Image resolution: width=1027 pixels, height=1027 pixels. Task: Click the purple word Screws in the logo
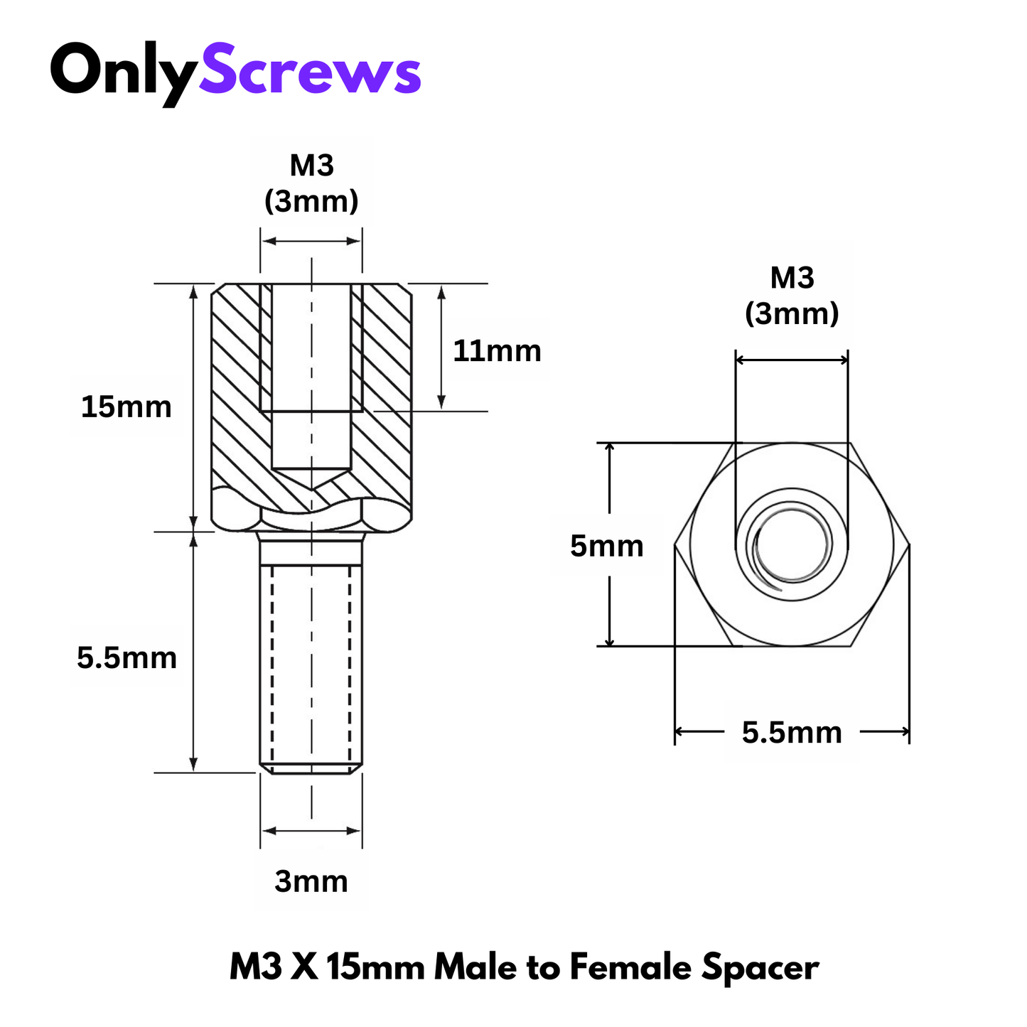tap(310, 70)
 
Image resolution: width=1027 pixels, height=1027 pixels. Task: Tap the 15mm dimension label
tap(126, 407)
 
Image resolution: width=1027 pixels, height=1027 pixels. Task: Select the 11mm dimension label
tap(497, 351)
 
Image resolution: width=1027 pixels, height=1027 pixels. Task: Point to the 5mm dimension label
tap(606, 546)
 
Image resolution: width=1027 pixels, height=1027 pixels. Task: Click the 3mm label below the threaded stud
tap(311, 881)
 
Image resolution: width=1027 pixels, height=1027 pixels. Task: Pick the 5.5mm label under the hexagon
tap(792, 732)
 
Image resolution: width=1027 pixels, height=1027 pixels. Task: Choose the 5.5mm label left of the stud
tap(127, 657)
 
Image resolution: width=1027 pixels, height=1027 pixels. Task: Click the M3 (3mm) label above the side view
tap(311, 183)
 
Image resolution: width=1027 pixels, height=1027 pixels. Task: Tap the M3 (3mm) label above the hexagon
tap(792, 296)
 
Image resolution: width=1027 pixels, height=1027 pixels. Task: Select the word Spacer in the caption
tap(760, 967)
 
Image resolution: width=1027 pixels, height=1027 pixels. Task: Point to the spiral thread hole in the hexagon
tap(792, 546)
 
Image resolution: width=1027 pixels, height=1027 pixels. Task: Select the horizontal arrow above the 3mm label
tap(311, 831)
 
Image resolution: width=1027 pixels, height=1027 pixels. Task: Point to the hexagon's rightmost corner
tap(909, 545)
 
